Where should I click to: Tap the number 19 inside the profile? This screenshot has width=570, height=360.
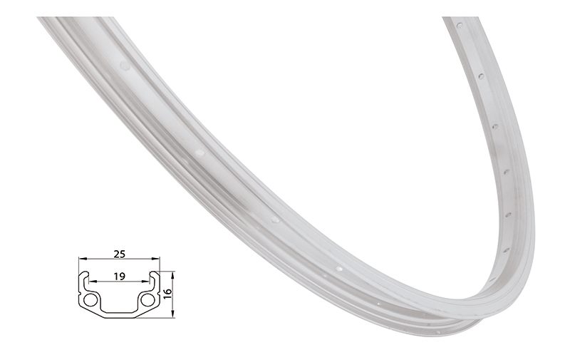coord(120,274)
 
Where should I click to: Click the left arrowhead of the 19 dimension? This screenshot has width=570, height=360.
coord(90,282)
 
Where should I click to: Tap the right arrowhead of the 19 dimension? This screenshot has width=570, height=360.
coord(148,282)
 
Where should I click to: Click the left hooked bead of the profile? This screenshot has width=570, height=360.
coord(84,276)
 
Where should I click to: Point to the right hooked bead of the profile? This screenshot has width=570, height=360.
coord(154,276)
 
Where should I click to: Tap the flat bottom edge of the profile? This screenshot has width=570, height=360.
coord(119,317)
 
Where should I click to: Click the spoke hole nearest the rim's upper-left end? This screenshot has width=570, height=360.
coord(125,66)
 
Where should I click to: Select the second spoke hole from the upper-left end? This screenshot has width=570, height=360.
coord(199,153)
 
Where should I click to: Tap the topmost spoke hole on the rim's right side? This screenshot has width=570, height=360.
coord(460,26)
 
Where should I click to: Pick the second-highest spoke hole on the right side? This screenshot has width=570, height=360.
coord(481,74)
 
